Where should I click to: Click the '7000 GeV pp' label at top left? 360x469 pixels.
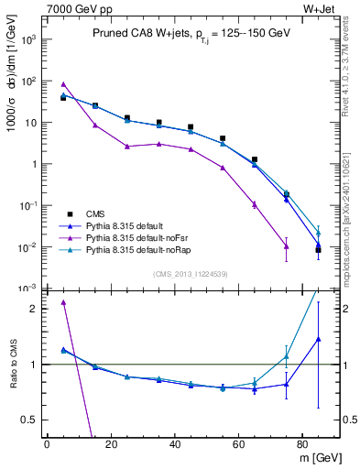tap(74, 7)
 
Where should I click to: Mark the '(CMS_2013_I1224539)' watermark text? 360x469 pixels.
tap(191, 273)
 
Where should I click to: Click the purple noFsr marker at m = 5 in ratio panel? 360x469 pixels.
tap(62, 302)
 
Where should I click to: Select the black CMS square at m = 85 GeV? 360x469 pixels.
tap(318, 250)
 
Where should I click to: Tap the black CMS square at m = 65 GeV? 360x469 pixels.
tap(254, 159)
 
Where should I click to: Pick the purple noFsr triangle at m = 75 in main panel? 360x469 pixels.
tap(286, 244)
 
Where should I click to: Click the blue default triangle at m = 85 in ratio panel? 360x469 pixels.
tap(318, 339)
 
